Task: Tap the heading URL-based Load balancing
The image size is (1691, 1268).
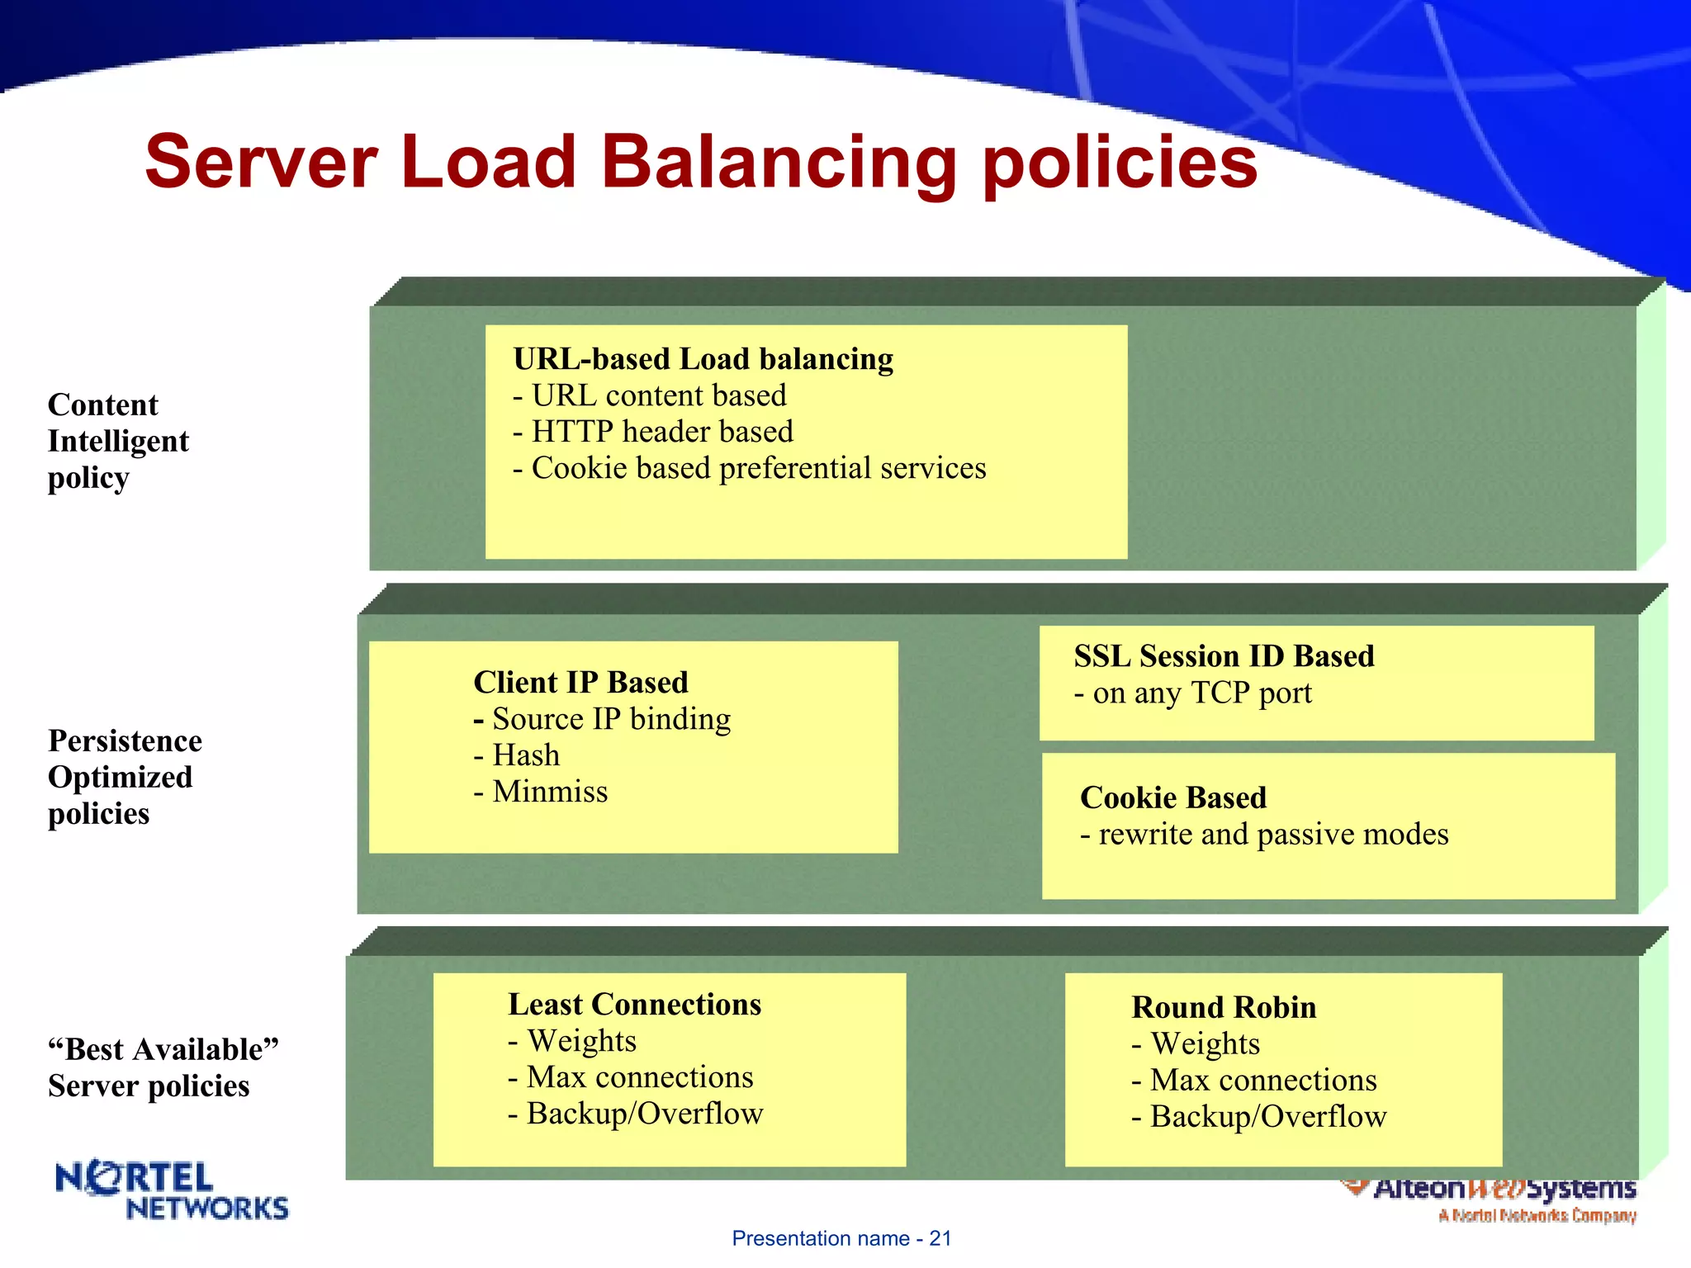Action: click(703, 360)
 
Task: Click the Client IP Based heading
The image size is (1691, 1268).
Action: click(580, 683)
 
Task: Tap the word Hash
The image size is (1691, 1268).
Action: click(526, 755)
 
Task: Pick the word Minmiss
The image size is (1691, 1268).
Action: click(550, 792)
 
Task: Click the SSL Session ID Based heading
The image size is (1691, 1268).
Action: click(1224, 656)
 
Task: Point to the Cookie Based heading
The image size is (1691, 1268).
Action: click(1172, 797)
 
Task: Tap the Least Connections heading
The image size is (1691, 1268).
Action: click(634, 1005)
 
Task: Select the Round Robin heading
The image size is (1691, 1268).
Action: click(1224, 1008)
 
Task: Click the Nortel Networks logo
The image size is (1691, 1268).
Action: click(172, 1190)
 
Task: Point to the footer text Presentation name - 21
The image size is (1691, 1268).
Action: click(841, 1238)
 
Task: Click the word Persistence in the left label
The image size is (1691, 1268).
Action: click(125, 741)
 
